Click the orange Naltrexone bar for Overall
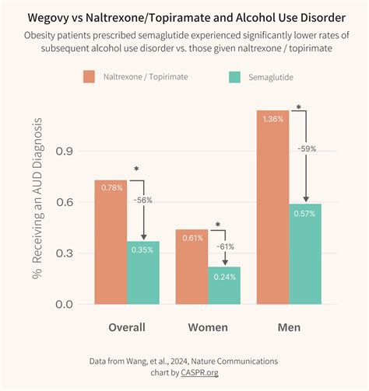point(111,242)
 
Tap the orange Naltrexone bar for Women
point(192,267)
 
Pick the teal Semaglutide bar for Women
point(223,285)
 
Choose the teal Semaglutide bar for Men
point(305,253)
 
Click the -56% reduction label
point(142,200)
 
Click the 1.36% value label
point(272,119)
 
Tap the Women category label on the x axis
point(207,327)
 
